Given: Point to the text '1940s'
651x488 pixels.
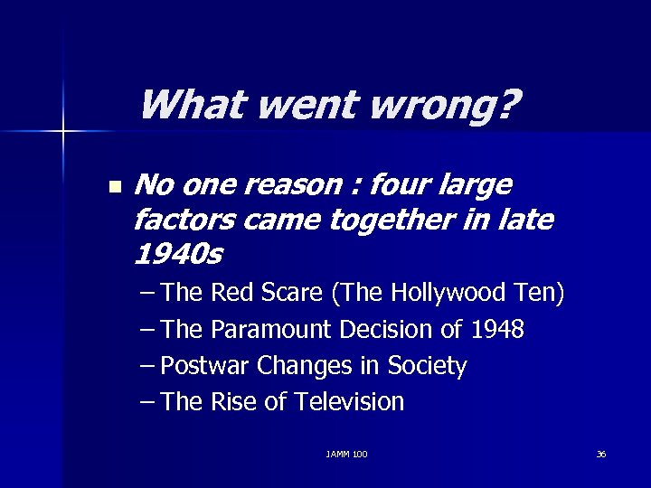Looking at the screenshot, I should tap(177, 256).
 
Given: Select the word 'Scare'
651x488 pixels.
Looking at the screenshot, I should tap(292, 293).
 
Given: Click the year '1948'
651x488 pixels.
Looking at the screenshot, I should tap(497, 329).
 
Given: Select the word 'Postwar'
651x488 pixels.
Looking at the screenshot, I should tap(207, 366).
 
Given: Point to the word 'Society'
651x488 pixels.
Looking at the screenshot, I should tap(427, 366).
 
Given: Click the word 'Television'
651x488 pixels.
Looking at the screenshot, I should tap(348, 402).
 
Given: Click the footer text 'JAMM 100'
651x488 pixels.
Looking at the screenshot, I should tap(347, 454).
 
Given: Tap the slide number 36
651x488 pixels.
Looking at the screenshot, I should tap(601, 454).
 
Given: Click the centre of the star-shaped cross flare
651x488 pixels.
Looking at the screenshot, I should tap(63, 132).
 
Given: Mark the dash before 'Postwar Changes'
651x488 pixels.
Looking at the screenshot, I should tap(147, 366).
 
